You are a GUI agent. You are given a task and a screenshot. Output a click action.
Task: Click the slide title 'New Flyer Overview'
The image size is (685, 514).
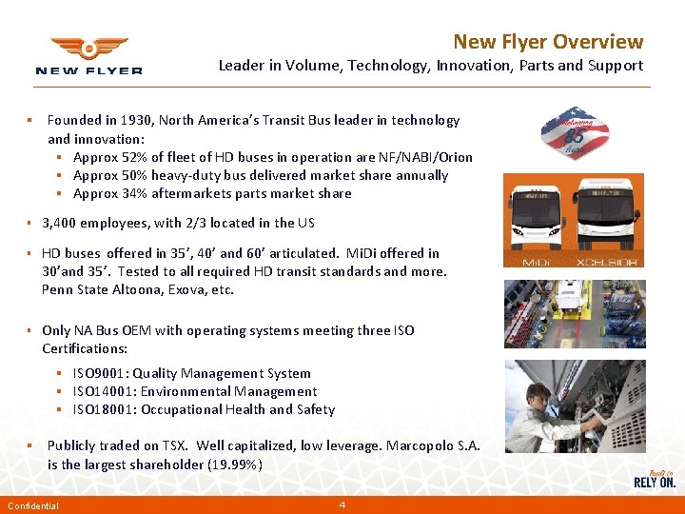tap(548, 42)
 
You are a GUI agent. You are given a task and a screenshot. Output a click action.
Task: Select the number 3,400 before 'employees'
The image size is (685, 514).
tap(60, 223)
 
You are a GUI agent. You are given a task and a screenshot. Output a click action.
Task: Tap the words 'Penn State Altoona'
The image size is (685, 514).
tap(100, 289)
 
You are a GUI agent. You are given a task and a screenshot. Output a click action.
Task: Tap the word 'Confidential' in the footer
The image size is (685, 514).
tap(33, 506)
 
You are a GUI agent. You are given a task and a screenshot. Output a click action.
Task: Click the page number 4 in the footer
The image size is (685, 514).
tap(342, 504)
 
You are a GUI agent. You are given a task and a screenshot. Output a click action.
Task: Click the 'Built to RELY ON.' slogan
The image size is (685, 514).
tap(655, 478)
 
